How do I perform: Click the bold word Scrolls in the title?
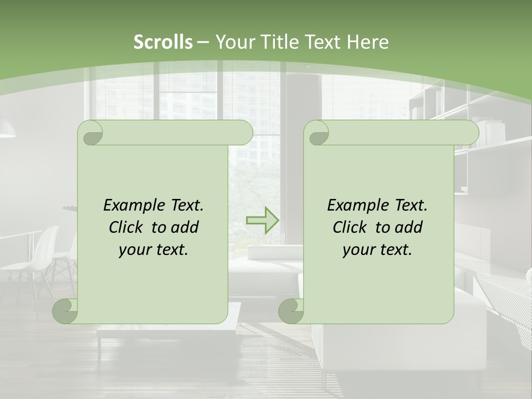[x=163, y=42]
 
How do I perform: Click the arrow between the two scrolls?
[x=262, y=221]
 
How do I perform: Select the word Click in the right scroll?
[x=350, y=227]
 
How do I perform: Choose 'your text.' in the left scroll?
[x=154, y=250]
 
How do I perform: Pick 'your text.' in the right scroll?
[x=377, y=250]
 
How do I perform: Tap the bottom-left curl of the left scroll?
[x=65, y=311]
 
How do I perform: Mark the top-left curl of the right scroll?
[x=318, y=133]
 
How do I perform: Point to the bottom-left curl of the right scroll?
[x=291, y=311]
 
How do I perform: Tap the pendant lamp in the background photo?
[x=7, y=131]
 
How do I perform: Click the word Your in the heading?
[x=233, y=42]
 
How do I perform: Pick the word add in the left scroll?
[x=185, y=227]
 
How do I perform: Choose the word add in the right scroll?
[x=408, y=227]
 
